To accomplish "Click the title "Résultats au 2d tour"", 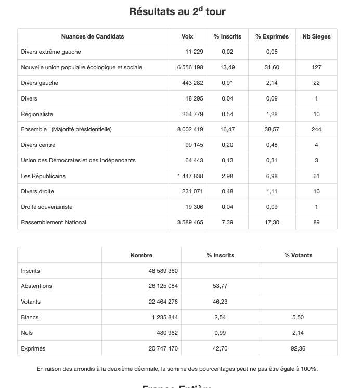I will pyautogui.click(x=177, y=11).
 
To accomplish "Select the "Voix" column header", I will pyautogui.click(x=187, y=36).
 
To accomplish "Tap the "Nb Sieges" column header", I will pyautogui.click(x=316, y=36).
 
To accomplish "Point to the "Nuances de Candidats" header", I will pyautogui.click(x=93, y=36).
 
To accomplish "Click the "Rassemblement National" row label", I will pyautogui.click(x=54, y=222).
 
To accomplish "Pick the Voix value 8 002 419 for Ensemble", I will pyautogui.click(x=190, y=129).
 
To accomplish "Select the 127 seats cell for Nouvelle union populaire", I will pyautogui.click(x=316, y=67).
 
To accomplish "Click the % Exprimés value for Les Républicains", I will pyautogui.click(x=272, y=176).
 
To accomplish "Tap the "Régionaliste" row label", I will pyautogui.click(x=37, y=114).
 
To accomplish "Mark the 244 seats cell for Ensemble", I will pyautogui.click(x=316, y=129).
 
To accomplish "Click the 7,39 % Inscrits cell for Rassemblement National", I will pyautogui.click(x=227, y=222).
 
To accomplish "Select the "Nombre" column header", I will pyautogui.click(x=142, y=255).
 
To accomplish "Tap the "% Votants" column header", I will pyautogui.click(x=298, y=255).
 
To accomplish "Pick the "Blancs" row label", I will pyautogui.click(x=30, y=317).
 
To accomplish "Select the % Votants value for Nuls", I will pyautogui.click(x=298, y=333).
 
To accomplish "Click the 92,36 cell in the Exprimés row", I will pyautogui.click(x=298, y=348).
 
